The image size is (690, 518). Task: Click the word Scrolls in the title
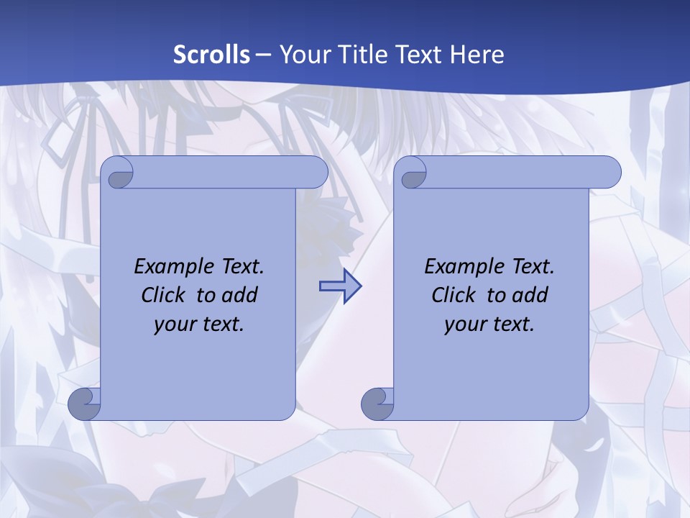click(212, 55)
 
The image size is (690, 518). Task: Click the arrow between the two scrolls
click(340, 286)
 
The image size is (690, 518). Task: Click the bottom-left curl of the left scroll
click(84, 404)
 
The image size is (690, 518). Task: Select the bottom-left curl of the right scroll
click(377, 404)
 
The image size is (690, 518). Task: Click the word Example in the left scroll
click(170, 267)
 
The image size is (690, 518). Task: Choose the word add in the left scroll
click(241, 295)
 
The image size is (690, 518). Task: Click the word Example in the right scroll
click(461, 267)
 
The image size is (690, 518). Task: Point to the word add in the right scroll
click(531, 295)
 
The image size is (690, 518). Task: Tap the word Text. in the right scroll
click(532, 267)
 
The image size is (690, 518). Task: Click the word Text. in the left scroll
click(241, 267)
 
